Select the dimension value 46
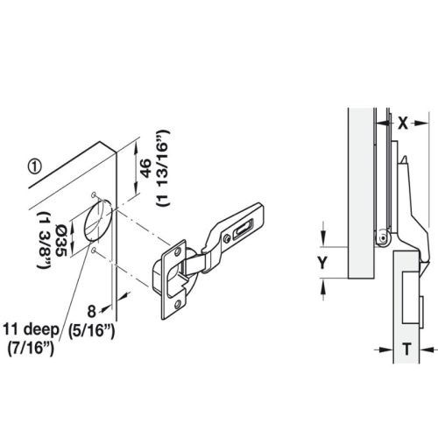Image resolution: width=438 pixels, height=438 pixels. (x=145, y=167)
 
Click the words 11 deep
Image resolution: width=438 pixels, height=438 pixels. (x=31, y=329)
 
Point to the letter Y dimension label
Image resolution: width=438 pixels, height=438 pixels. (x=323, y=260)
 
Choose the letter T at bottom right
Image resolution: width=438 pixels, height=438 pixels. (x=407, y=348)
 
